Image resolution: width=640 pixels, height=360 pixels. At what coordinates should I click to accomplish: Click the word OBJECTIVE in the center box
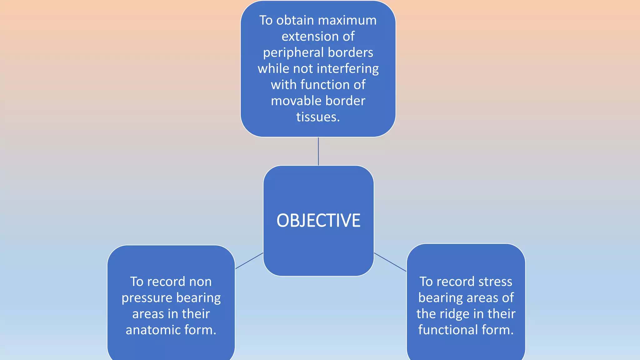(x=318, y=221)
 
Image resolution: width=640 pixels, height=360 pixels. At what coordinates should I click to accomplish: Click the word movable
(x=292, y=101)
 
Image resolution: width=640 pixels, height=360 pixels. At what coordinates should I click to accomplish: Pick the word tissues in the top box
(x=317, y=117)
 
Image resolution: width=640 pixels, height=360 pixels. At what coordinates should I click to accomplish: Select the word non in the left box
(x=200, y=282)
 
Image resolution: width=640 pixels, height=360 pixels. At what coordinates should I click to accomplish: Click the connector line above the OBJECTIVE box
(x=318, y=151)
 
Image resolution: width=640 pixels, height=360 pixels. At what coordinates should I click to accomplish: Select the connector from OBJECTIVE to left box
(x=249, y=261)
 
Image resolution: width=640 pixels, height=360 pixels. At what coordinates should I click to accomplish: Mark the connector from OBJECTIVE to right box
(x=390, y=262)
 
